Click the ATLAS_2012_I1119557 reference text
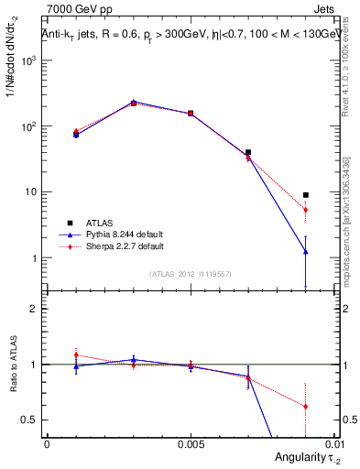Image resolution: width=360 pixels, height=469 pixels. (x=191, y=274)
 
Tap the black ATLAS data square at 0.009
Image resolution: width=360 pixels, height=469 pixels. (x=306, y=194)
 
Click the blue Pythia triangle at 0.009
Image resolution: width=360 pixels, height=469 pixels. (x=306, y=251)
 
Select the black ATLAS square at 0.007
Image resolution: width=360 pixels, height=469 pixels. (x=248, y=152)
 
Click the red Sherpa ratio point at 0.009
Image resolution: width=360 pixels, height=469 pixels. (x=306, y=407)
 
